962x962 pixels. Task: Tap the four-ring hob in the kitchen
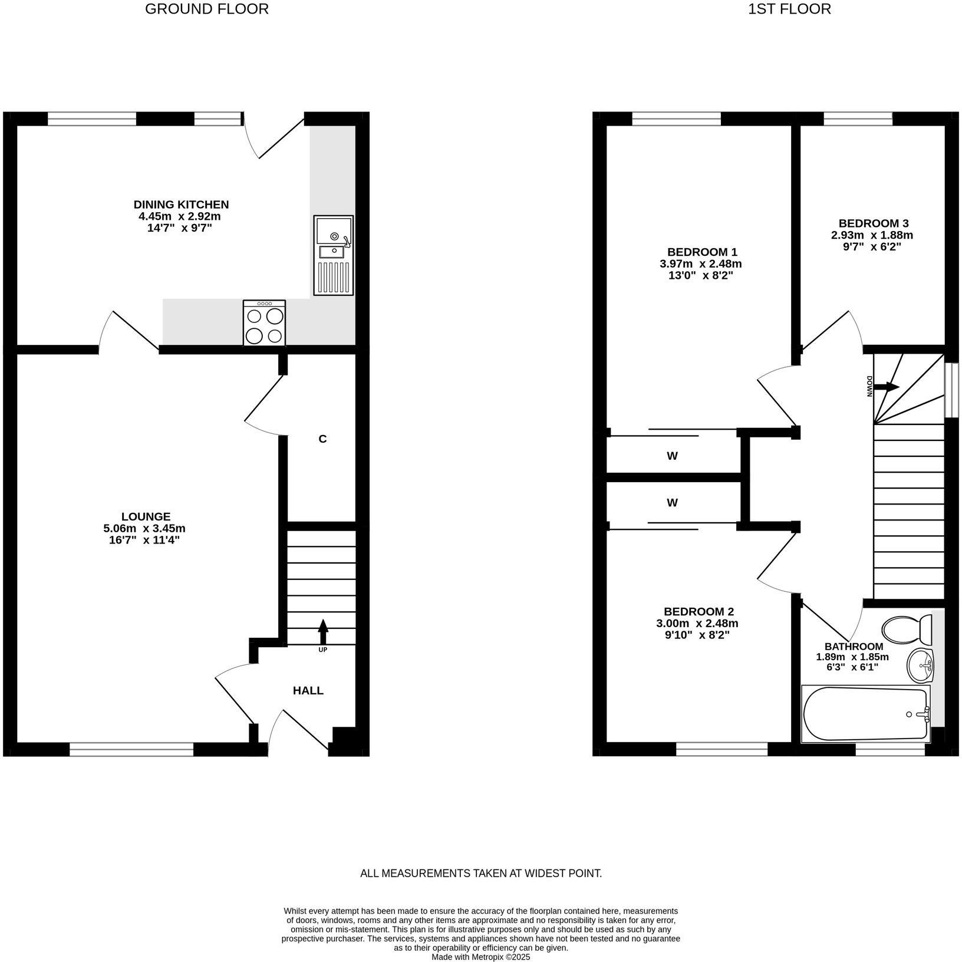265,323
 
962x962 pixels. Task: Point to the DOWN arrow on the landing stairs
885,387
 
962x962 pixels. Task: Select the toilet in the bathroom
908,628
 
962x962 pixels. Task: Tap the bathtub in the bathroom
865,714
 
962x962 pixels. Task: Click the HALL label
308,690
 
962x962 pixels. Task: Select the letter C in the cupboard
322,439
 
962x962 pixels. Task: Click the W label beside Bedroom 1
672,456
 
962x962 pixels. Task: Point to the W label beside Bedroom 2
672,503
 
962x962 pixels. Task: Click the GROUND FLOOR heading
207,9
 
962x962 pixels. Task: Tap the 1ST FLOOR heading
789,9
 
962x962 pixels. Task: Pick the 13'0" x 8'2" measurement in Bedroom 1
700,275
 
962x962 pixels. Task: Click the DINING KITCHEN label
181,205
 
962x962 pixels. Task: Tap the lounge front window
131,749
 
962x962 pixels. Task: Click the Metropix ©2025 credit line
481,957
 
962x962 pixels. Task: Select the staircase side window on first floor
951,390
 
